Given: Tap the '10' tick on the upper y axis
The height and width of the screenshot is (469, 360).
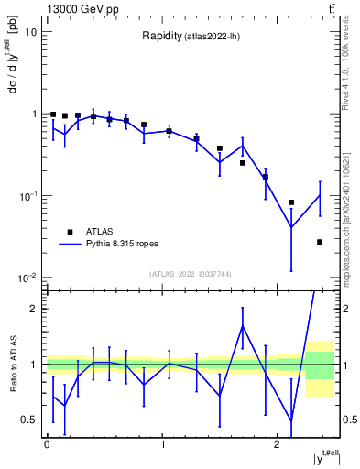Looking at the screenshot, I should (30, 32).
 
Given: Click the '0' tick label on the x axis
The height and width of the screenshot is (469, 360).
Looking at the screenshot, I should (47, 443).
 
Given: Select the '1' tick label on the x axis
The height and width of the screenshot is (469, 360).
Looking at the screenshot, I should (162, 443).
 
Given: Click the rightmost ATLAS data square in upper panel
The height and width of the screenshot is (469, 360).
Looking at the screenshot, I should (320, 242).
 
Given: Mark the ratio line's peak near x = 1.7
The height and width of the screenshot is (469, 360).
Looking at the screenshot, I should (243, 326).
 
